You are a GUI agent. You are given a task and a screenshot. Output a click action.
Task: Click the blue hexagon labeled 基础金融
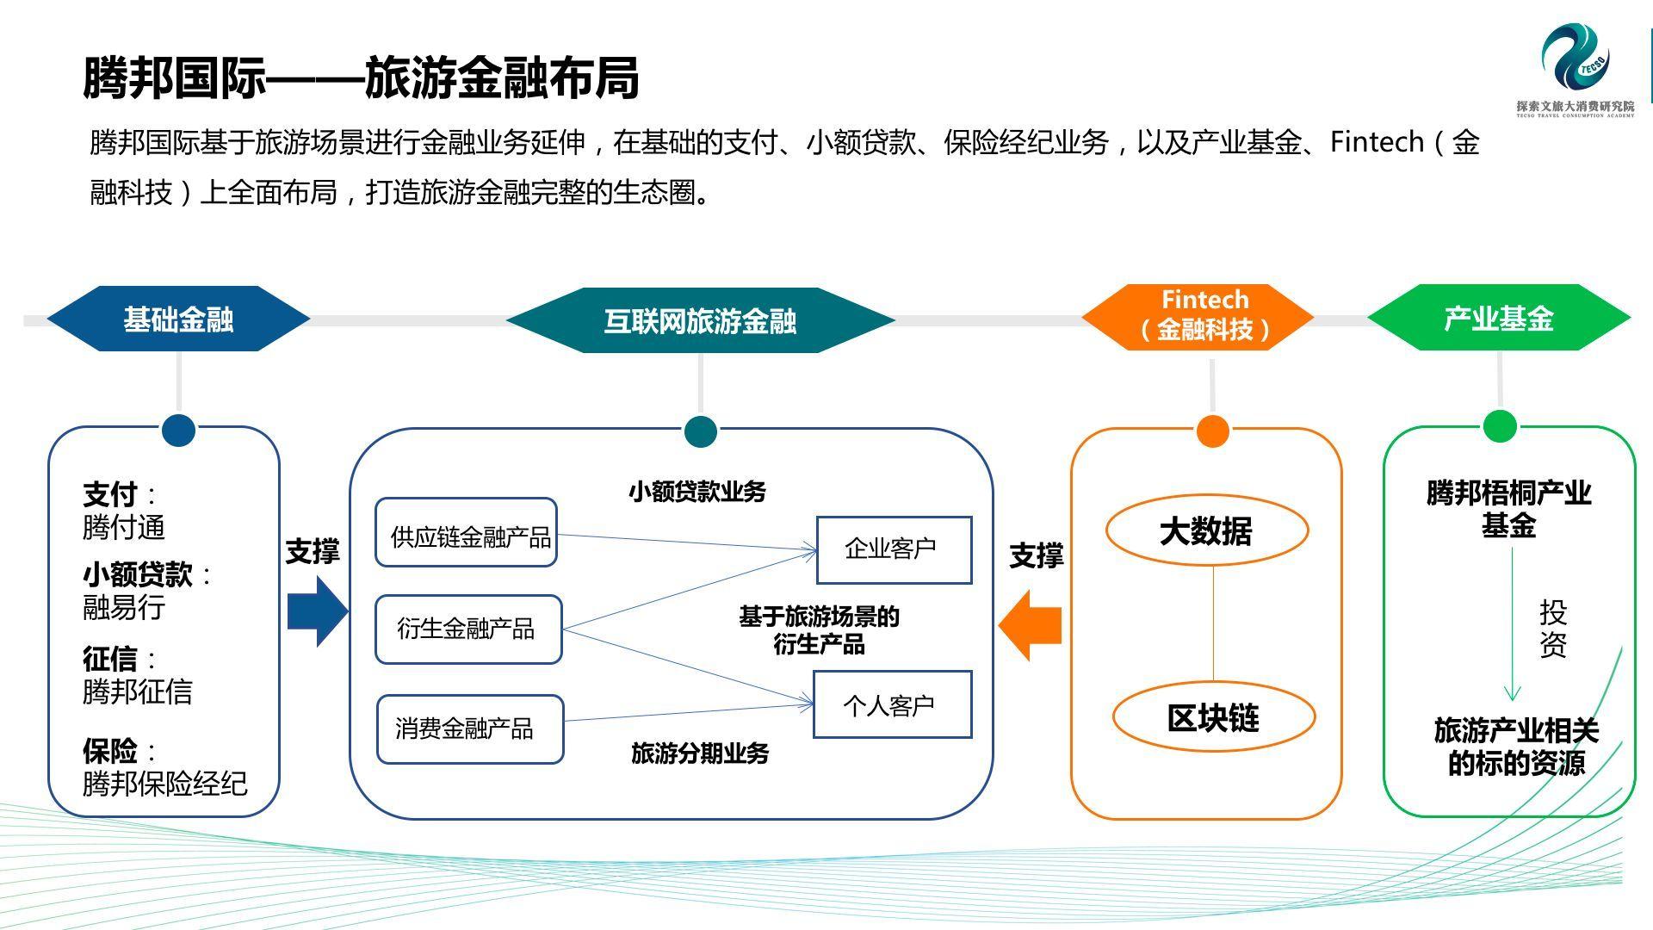pos(178,319)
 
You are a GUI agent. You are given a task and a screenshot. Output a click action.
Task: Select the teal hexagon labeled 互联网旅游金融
pos(700,321)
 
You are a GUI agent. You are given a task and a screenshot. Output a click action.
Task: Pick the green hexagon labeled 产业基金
pos(1498,319)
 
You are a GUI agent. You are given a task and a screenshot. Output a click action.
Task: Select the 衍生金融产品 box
pos(468,629)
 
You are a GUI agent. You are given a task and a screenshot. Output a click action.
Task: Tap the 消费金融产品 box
pos(470,729)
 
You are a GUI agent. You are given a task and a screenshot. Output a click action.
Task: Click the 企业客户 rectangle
pos(894,549)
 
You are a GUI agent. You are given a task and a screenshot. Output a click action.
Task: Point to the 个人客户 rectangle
pos(892,705)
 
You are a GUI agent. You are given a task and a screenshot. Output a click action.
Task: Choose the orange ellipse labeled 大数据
pos(1206,530)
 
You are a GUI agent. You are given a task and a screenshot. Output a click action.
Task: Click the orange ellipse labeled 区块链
pos(1213,717)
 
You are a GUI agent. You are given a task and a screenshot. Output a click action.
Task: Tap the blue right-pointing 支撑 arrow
pos(316,611)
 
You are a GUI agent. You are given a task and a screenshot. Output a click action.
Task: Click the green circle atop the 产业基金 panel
pos(1500,426)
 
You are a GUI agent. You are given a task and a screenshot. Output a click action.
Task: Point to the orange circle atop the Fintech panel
pos(1212,431)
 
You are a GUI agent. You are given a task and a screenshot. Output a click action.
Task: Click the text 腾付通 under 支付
pos(124,527)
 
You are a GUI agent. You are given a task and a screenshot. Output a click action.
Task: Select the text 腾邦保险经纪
pos(164,784)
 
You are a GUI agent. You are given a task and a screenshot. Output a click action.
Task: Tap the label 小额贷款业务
pos(696,492)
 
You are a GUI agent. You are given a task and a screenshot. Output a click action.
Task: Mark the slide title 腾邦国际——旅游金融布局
pos(361,78)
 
